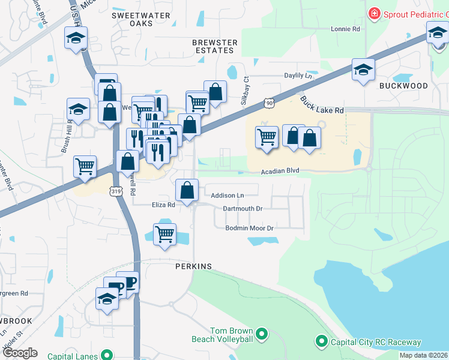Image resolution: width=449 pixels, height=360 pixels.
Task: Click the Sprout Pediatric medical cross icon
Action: pos(375,13)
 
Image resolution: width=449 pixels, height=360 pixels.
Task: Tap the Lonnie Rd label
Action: pos(345,28)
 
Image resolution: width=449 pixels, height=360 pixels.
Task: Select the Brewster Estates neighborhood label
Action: pos(215,47)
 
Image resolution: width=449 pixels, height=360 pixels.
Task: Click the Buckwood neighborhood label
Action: pos(403,86)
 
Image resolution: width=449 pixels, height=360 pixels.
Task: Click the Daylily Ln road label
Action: pos(299,76)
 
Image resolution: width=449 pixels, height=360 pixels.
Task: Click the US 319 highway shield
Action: pos(115,190)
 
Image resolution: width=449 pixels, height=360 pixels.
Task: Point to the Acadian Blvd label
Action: pos(280,171)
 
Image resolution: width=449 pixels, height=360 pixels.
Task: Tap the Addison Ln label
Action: pos(228,196)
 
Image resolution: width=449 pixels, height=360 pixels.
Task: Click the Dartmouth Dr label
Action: pos(243,209)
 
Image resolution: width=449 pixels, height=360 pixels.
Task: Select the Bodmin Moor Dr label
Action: pos(249,229)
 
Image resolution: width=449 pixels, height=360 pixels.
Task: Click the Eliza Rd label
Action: pos(163,205)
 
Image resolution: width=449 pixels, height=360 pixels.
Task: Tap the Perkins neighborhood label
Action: pos(194,266)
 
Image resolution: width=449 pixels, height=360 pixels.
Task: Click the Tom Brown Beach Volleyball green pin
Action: pos(261,333)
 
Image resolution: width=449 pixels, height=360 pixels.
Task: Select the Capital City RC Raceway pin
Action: pos(321,342)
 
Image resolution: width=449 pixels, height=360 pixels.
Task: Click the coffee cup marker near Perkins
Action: pos(127,281)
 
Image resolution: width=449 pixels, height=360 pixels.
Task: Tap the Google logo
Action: pos(20,353)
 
